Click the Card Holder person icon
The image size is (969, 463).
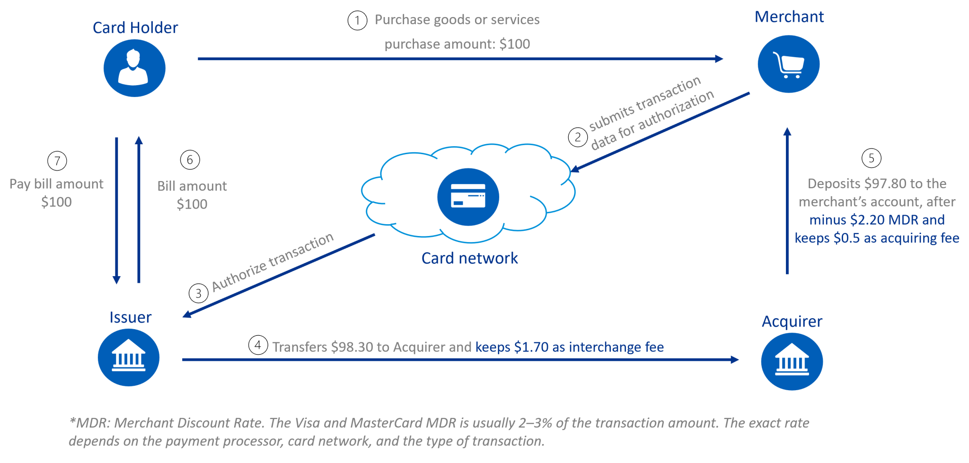coord(134,68)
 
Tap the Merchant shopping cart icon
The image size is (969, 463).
coord(788,64)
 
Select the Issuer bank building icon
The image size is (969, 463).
coord(128,358)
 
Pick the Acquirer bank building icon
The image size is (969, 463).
coord(792,362)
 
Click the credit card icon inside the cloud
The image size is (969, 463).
coord(468,196)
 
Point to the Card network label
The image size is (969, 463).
coord(469,258)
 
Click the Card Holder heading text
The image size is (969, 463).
coord(135,28)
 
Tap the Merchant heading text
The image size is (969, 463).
coord(789,17)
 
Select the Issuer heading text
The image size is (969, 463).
coord(130,317)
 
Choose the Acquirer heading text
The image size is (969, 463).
coord(792,322)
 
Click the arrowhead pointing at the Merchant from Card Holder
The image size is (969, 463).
coord(719,59)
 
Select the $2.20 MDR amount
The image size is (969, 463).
coord(867,220)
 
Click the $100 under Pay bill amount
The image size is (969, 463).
coord(56,202)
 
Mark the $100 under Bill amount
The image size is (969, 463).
coord(192,204)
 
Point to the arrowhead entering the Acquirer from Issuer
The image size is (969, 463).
coord(734,360)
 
